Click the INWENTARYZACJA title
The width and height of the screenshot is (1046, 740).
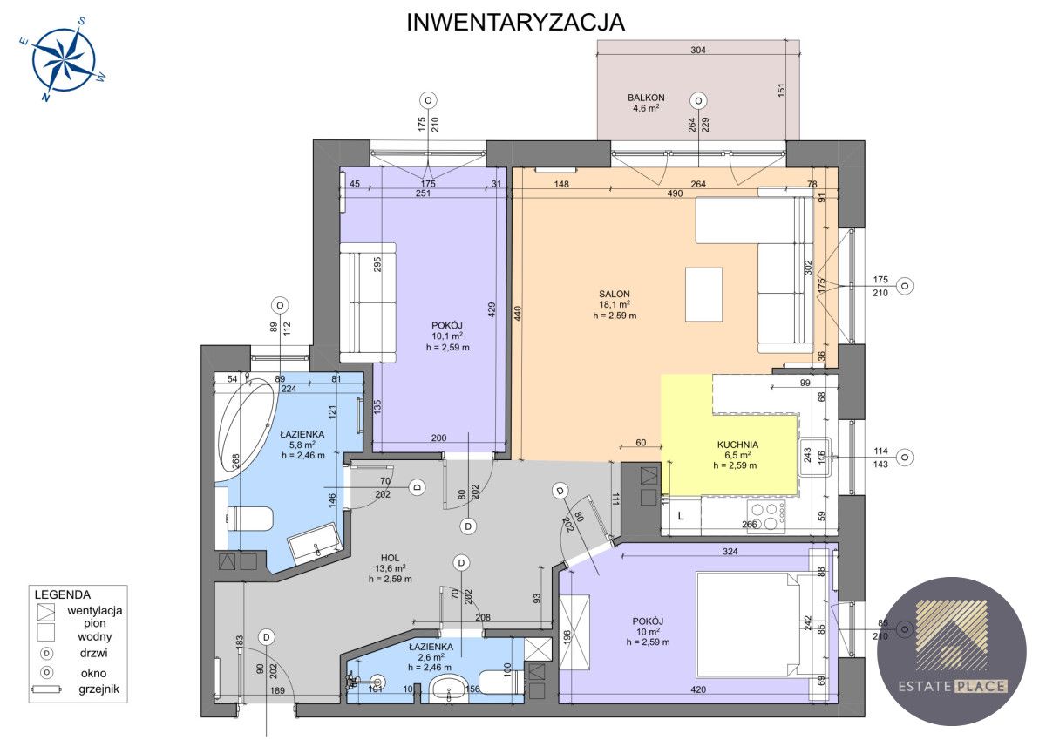point(515,23)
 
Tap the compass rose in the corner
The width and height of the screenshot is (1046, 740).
point(64,59)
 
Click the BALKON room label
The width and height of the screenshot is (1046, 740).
point(646,98)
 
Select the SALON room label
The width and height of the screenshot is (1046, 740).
point(614,294)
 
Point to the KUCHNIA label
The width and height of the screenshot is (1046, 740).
point(737,445)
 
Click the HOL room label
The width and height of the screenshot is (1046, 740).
point(390,558)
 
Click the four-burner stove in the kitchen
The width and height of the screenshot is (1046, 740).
point(766,517)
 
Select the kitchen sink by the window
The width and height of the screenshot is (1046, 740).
point(815,457)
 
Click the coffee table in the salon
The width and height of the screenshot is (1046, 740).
point(703,295)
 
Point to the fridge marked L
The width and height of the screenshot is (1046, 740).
point(682,516)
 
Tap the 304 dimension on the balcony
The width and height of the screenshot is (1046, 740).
point(698,50)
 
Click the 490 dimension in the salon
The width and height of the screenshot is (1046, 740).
point(675,193)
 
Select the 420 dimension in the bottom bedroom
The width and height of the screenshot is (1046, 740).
point(698,689)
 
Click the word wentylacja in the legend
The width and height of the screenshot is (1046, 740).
point(95,610)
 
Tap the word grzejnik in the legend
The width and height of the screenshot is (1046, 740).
point(99,689)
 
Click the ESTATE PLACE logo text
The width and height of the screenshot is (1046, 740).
point(953,686)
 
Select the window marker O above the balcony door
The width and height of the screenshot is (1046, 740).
point(698,100)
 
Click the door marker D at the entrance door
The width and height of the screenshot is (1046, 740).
point(266,637)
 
